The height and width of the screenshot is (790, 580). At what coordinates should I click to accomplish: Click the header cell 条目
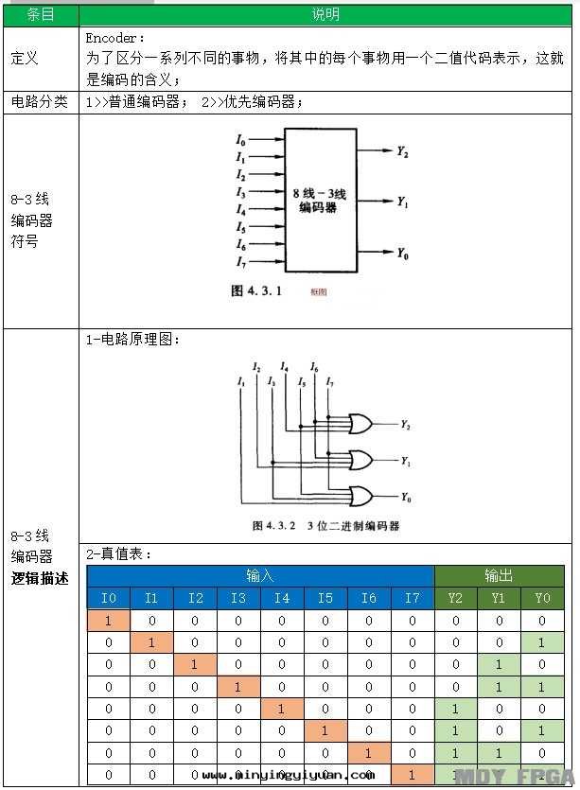tap(39, 14)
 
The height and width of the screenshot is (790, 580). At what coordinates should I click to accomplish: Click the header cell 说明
tap(325, 14)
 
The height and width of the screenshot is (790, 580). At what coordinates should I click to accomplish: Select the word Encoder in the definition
tap(115, 39)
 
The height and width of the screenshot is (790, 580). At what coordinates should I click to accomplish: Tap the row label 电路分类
tap(39, 101)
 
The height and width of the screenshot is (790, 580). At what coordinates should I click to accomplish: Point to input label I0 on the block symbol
tap(241, 140)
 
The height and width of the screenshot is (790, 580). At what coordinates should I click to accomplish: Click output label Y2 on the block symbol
tap(402, 151)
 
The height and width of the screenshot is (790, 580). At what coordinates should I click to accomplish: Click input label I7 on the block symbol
tap(241, 262)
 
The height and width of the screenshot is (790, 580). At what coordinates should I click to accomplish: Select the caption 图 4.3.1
tap(256, 291)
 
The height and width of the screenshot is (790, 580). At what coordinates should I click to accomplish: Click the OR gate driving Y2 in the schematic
tap(360, 424)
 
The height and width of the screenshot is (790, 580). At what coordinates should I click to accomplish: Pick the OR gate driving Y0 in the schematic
tap(360, 496)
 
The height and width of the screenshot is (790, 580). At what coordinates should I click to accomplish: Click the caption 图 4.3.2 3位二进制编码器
tap(325, 525)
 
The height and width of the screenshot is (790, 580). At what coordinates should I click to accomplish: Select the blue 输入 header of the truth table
tap(259, 575)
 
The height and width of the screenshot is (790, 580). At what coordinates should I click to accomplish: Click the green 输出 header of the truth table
tap(499, 575)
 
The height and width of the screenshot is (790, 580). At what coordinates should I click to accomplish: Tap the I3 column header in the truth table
tap(238, 598)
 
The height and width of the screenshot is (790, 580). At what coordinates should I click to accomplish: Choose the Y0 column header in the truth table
tap(542, 598)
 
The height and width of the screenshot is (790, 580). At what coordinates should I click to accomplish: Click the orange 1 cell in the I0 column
tap(109, 621)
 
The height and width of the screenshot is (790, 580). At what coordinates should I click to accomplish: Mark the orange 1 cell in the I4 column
tap(282, 709)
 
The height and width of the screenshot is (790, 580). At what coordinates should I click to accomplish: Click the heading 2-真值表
tap(119, 554)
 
